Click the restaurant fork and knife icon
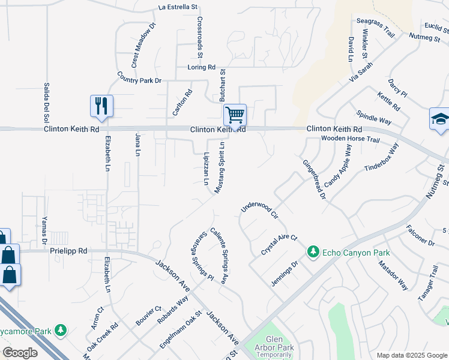click(x=101, y=106)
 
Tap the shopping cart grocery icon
click(x=235, y=113)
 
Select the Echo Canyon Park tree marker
click(x=313, y=251)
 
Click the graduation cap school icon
click(x=439, y=118)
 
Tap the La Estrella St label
click(x=178, y=7)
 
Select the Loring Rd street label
click(x=201, y=67)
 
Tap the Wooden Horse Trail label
click(x=351, y=139)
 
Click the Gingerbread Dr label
click(x=313, y=179)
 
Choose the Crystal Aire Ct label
click(x=279, y=245)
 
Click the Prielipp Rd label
click(x=68, y=251)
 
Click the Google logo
click(x=20, y=353)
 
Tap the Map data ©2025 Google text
click(x=411, y=355)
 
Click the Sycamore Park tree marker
click(x=60, y=329)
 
